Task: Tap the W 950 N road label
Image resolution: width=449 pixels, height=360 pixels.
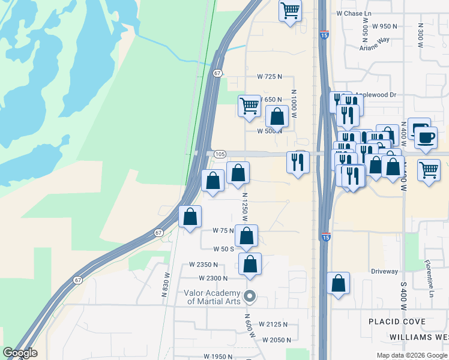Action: pyautogui.click(x=385, y=26)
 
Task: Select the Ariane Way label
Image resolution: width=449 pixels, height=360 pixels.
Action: pyautogui.click(x=375, y=40)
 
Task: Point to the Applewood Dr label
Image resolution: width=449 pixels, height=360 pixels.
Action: pyautogui.click(x=376, y=95)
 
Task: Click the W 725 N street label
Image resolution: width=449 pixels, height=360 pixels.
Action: pyautogui.click(x=270, y=77)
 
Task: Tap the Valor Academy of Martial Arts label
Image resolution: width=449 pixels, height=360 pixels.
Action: pyautogui.click(x=213, y=297)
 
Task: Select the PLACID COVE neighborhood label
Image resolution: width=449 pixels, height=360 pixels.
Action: pyautogui.click(x=398, y=322)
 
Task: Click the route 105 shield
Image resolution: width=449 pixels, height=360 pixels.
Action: pyautogui.click(x=219, y=154)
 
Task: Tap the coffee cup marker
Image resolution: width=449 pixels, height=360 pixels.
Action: pyautogui.click(x=426, y=137)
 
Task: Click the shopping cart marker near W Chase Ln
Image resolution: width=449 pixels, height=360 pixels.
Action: pyautogui.click(x=291, y=10)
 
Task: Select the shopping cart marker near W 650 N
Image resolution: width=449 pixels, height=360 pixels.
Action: pyautogui.click(x=249, y=106)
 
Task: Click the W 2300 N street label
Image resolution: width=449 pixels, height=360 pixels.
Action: pyautogui.click(x=213, y=278)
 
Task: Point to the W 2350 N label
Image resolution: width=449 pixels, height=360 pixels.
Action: pyautogui.click(x=203, y=264)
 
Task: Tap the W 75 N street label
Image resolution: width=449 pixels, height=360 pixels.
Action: pyautogui.click(x=223, y=230)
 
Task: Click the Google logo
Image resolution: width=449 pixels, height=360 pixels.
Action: pyautogui.click(x=20, y=353)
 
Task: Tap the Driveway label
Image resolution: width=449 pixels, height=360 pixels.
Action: pyautogui.click(x=384, y=271)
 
